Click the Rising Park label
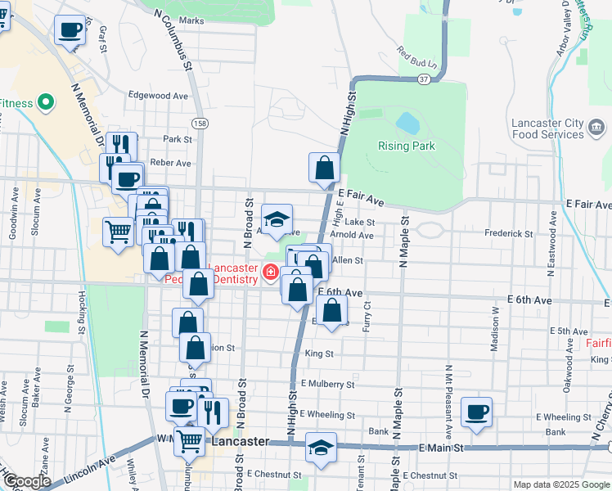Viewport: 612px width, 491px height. click(407, 146)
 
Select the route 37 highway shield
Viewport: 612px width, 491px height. click(422, 79)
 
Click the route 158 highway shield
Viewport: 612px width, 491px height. click(200, 123)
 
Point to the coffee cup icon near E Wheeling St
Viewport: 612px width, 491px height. click(476, 412)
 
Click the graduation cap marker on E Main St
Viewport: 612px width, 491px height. click(321, 448)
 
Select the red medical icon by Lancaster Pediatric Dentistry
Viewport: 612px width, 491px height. click(269, 271)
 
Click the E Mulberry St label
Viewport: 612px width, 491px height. click(327, 383)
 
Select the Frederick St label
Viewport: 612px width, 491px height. click(508, 233)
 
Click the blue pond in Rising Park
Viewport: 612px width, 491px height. click(407, 124)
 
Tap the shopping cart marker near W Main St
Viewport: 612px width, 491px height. click(190, 441)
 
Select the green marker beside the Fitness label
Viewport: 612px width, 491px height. click(46, 102)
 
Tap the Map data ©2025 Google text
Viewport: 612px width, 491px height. click(560, 484)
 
